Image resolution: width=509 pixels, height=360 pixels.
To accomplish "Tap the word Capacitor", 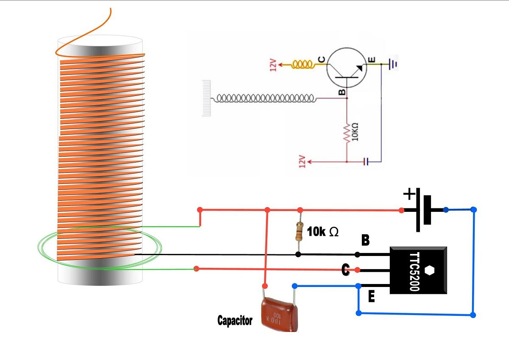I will click(235, 321).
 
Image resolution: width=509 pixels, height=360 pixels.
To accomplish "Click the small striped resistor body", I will click(300, 231).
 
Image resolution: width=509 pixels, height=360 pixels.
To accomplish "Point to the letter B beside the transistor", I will click(365, 241).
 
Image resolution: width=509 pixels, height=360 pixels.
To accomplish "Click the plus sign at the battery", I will click(409, 195).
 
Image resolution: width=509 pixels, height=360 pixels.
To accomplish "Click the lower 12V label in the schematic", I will click(302, 161).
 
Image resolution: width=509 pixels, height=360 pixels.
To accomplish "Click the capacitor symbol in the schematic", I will click(366, 161).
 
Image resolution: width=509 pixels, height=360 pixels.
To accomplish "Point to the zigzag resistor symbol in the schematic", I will click(347, 132).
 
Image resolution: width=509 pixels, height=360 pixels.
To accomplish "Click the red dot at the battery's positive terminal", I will click(401, 210).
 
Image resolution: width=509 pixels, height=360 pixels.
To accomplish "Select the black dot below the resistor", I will click(298, 255).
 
